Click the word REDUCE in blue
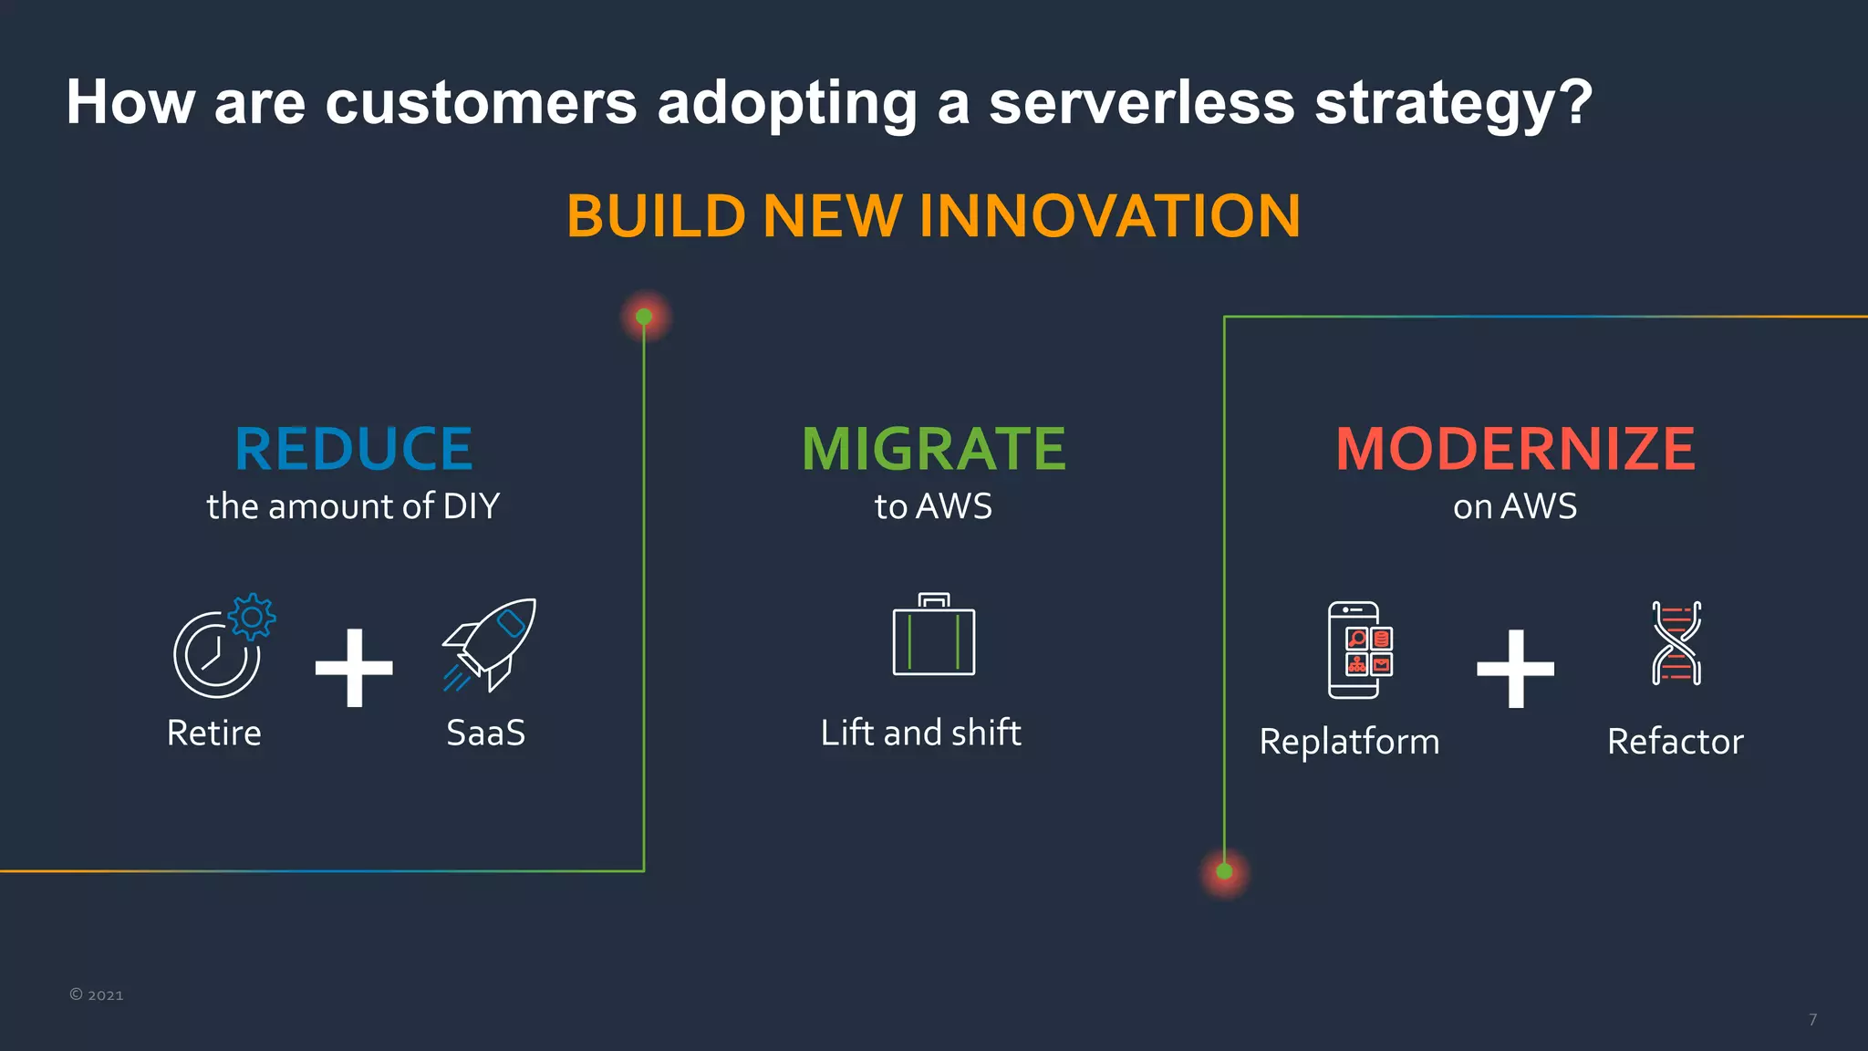(353, 449)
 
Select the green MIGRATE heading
(933, 449)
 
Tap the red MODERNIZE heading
(1515, 449)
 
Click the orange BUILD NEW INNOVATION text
(933, 216)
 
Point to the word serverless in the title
(1141, 101)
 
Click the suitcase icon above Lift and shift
(933, 636)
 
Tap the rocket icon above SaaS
(490, 644)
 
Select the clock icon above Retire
(215, 655)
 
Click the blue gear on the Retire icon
(252, 618)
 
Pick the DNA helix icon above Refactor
(1676, 643)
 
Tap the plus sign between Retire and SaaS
(354, 668)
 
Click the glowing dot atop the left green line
(644, 317)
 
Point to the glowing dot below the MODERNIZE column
(1224, 871)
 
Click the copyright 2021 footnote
(97, 994)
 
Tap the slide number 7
(1812, 1019)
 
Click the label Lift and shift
(920, 733)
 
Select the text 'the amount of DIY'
(353, 506)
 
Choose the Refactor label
(1675, 742)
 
